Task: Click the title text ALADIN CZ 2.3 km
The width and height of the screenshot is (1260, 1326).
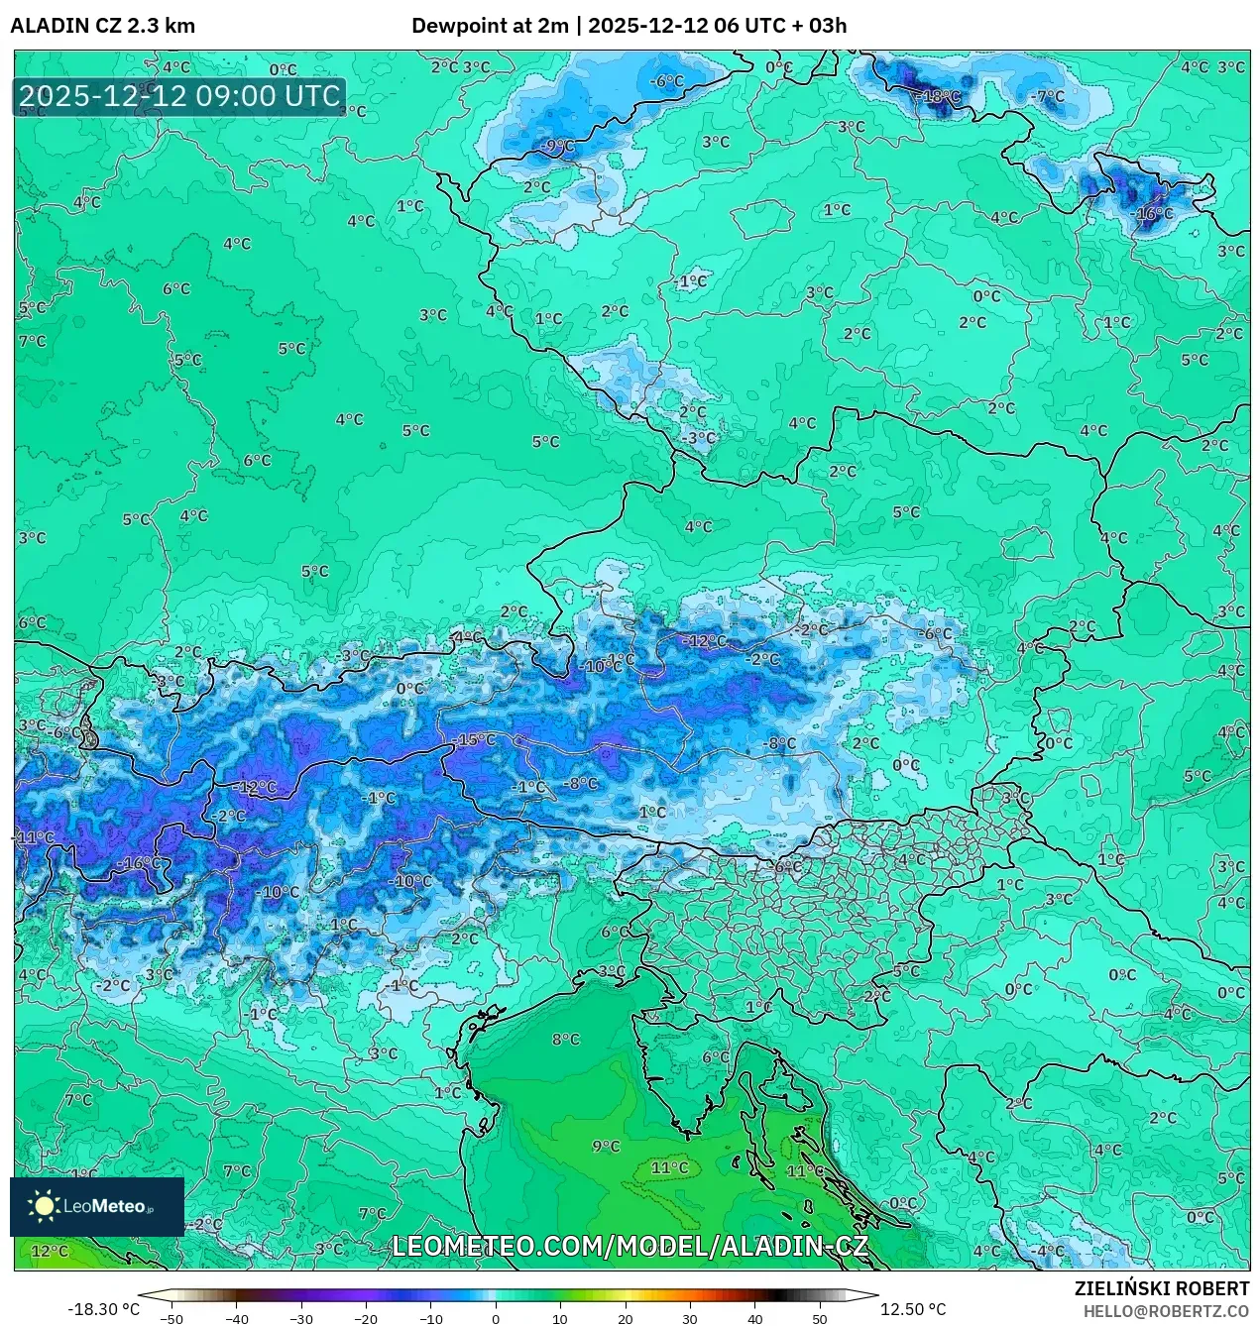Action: point(103,26)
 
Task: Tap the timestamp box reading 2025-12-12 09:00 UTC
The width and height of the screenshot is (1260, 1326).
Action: point(179,96)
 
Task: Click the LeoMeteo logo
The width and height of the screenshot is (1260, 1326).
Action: point(96,1206)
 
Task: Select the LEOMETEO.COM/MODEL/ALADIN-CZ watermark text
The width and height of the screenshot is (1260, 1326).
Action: point(630,1246)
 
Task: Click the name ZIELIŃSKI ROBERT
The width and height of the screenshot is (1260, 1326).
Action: point(1162,1288)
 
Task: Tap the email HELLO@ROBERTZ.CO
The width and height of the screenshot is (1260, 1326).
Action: point(1166,1311)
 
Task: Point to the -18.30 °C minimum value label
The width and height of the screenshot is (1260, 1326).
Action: point(103,1309)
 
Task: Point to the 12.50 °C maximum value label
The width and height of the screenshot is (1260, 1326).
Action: point(913,1309)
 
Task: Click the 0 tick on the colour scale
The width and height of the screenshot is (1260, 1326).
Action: point(496,1319)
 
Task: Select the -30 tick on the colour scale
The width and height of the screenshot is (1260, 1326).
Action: point(301,1319)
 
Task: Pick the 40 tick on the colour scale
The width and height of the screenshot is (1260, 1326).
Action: point(755,1319)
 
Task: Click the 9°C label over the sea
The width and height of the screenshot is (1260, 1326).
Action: point(606,1147)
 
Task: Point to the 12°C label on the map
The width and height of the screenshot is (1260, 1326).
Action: point(50,1251)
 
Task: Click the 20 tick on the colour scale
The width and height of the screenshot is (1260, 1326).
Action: point(626,1319)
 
